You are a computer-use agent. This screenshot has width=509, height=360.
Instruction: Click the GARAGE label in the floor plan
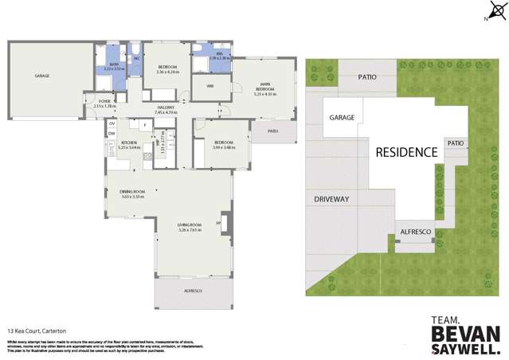pos(41,76)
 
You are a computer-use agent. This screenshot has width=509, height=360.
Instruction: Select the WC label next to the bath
pos(137,58)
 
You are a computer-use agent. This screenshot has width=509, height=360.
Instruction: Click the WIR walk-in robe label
pos(209,85)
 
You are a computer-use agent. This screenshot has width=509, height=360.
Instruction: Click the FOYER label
pos(104,101)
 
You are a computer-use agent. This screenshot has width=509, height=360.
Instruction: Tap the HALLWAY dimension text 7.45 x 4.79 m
pos(166,112)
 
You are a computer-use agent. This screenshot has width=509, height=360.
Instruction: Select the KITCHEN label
pos(128,143)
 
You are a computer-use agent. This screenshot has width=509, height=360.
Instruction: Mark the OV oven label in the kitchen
pos(112,123)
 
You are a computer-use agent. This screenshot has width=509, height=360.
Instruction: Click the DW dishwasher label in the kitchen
pos(112,133)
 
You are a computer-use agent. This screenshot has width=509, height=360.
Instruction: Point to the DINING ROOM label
pos(132,191)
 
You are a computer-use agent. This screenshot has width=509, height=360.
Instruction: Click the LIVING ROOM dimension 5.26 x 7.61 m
pos(190,231)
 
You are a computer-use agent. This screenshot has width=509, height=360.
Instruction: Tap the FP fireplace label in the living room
pos(218,222)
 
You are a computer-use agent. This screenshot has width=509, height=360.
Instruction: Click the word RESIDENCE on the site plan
pos(406,152)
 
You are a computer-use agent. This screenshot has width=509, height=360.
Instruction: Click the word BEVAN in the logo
pos(466,334)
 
